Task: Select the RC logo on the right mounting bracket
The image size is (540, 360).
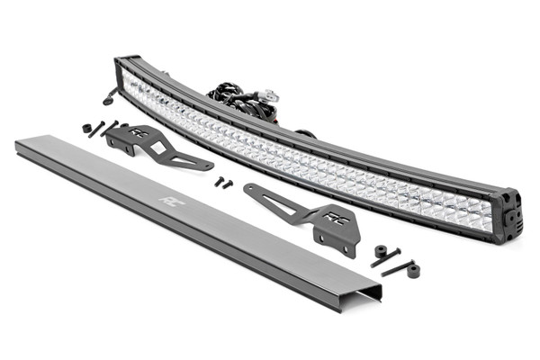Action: click(335, 217)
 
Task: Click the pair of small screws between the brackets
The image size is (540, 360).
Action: click(223, 182)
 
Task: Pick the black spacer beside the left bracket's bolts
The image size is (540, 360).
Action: click(87, 129)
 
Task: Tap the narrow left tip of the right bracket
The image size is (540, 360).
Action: click(251, 189)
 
